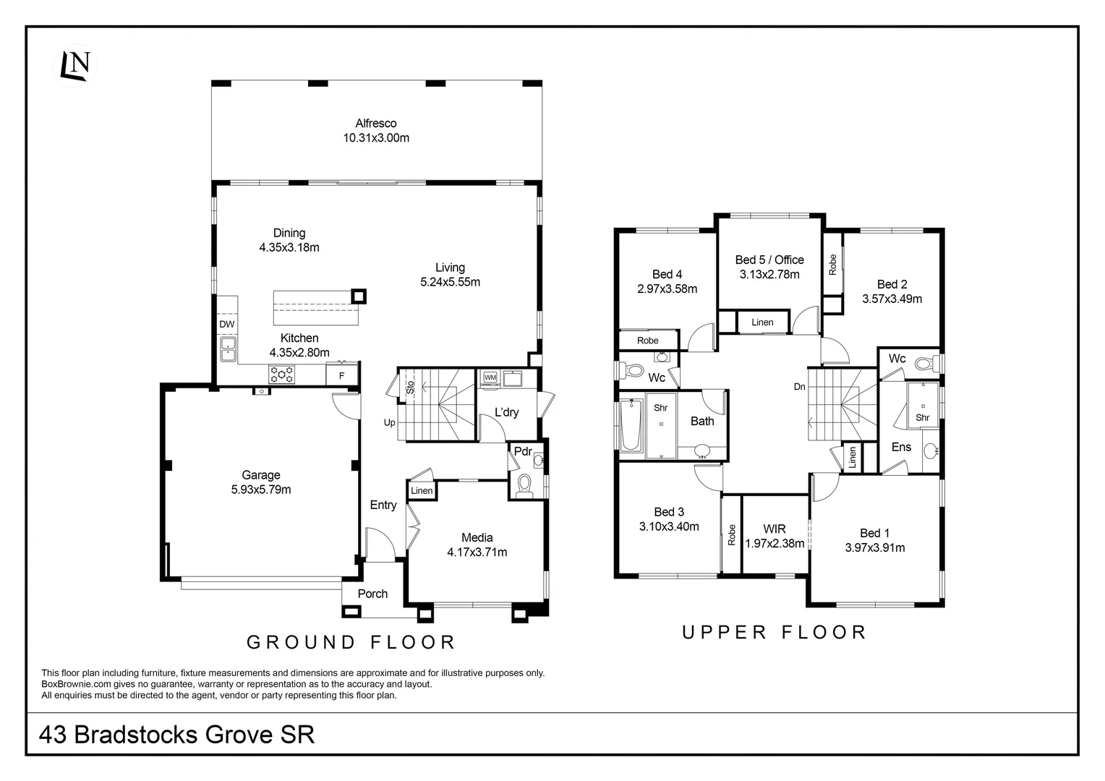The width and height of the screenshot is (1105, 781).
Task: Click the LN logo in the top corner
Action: coord(75,65)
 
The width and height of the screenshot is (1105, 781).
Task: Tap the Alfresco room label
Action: coord(375,123)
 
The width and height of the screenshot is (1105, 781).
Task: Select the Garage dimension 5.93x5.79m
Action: coord(260,490)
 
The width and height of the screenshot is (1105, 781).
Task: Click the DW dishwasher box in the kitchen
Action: coord(227,324)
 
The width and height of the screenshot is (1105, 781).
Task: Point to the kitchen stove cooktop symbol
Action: coord(281,374)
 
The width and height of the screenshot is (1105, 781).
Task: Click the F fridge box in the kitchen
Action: coord(341,375)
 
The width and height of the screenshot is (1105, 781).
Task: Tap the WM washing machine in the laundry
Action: coord(490,377)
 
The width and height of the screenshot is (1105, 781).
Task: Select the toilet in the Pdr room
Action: coord(524,484)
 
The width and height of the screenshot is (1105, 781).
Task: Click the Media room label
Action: coord(477,537)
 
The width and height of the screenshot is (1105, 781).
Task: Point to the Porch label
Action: coord(372,594)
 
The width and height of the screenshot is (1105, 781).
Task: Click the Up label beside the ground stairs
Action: coord(390,422)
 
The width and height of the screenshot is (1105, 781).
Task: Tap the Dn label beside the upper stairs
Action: coord(799,387)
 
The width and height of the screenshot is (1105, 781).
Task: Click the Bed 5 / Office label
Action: coord(769,260)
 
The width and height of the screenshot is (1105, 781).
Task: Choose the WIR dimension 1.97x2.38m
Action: coord(774,543)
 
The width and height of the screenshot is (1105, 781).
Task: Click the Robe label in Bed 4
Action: coord(647,341)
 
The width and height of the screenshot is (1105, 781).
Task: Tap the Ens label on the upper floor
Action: coord(900,447)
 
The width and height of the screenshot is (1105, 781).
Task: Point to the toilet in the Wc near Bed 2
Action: coord(923,363)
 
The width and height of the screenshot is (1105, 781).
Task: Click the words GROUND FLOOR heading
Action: coord(351,641)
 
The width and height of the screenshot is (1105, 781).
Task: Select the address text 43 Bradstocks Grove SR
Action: coord(177,735)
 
